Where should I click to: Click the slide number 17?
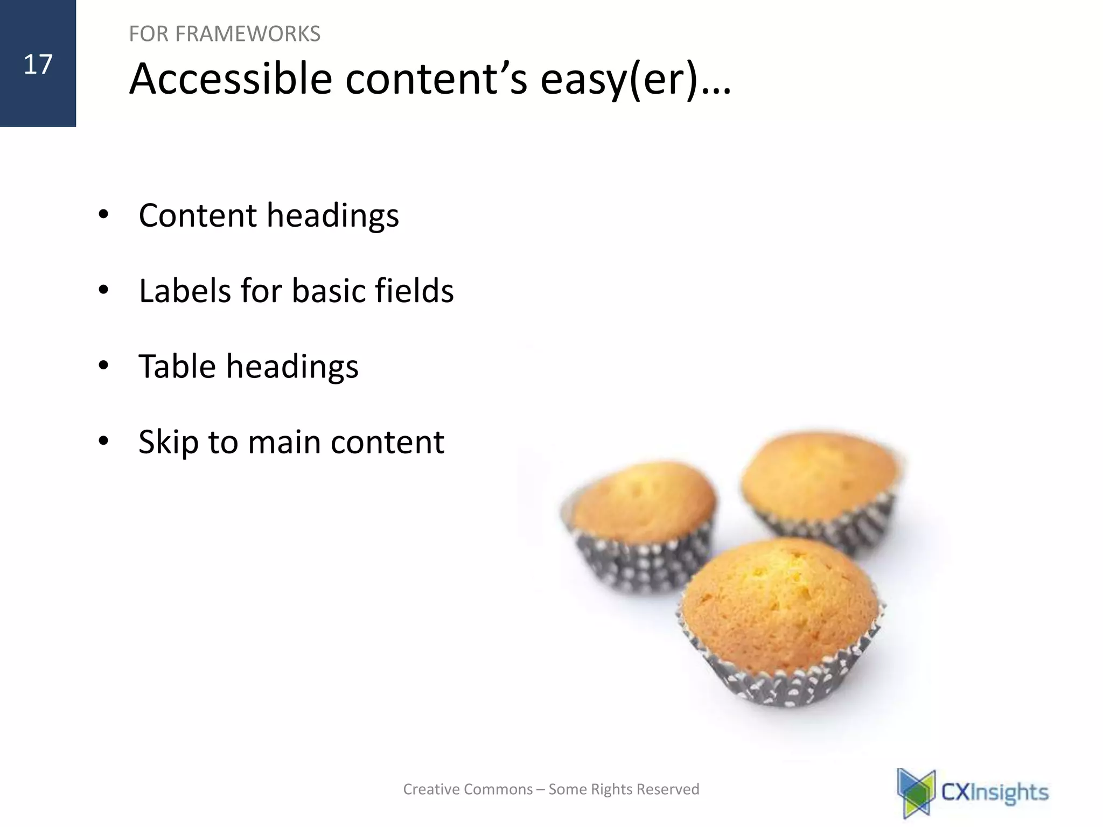coord(38,65)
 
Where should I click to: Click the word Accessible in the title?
coord(231,79)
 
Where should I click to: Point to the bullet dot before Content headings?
coord(103,215)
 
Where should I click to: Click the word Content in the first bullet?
coord(198,215)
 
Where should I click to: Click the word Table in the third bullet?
coord(177,367)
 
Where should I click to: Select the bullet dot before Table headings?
coord(103,366)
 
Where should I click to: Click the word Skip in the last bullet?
coord(169,443)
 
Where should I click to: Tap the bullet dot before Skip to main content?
coord(103,441)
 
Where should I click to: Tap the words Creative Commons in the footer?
coord(467,789)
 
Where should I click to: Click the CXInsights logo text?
coord(994,793)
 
